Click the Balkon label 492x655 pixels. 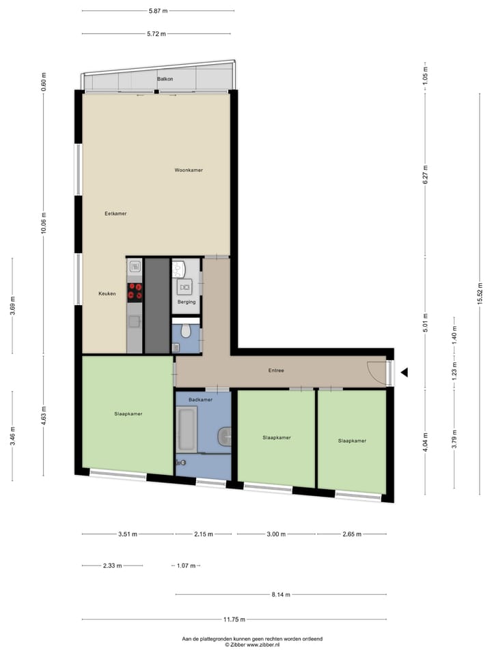click(164, 79)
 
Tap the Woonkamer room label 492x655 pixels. click(189, 170)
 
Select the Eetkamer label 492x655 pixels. click(115, 214)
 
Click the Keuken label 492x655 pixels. click(107, 294)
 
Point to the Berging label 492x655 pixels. click(187, 302)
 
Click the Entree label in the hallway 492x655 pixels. click(275, 370)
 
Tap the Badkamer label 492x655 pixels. click(200, 400)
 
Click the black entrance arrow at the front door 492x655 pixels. click(405, 373)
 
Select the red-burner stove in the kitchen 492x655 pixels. click(135, 291)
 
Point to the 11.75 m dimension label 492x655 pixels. click(234, 620)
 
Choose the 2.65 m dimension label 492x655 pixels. click(352, 534)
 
